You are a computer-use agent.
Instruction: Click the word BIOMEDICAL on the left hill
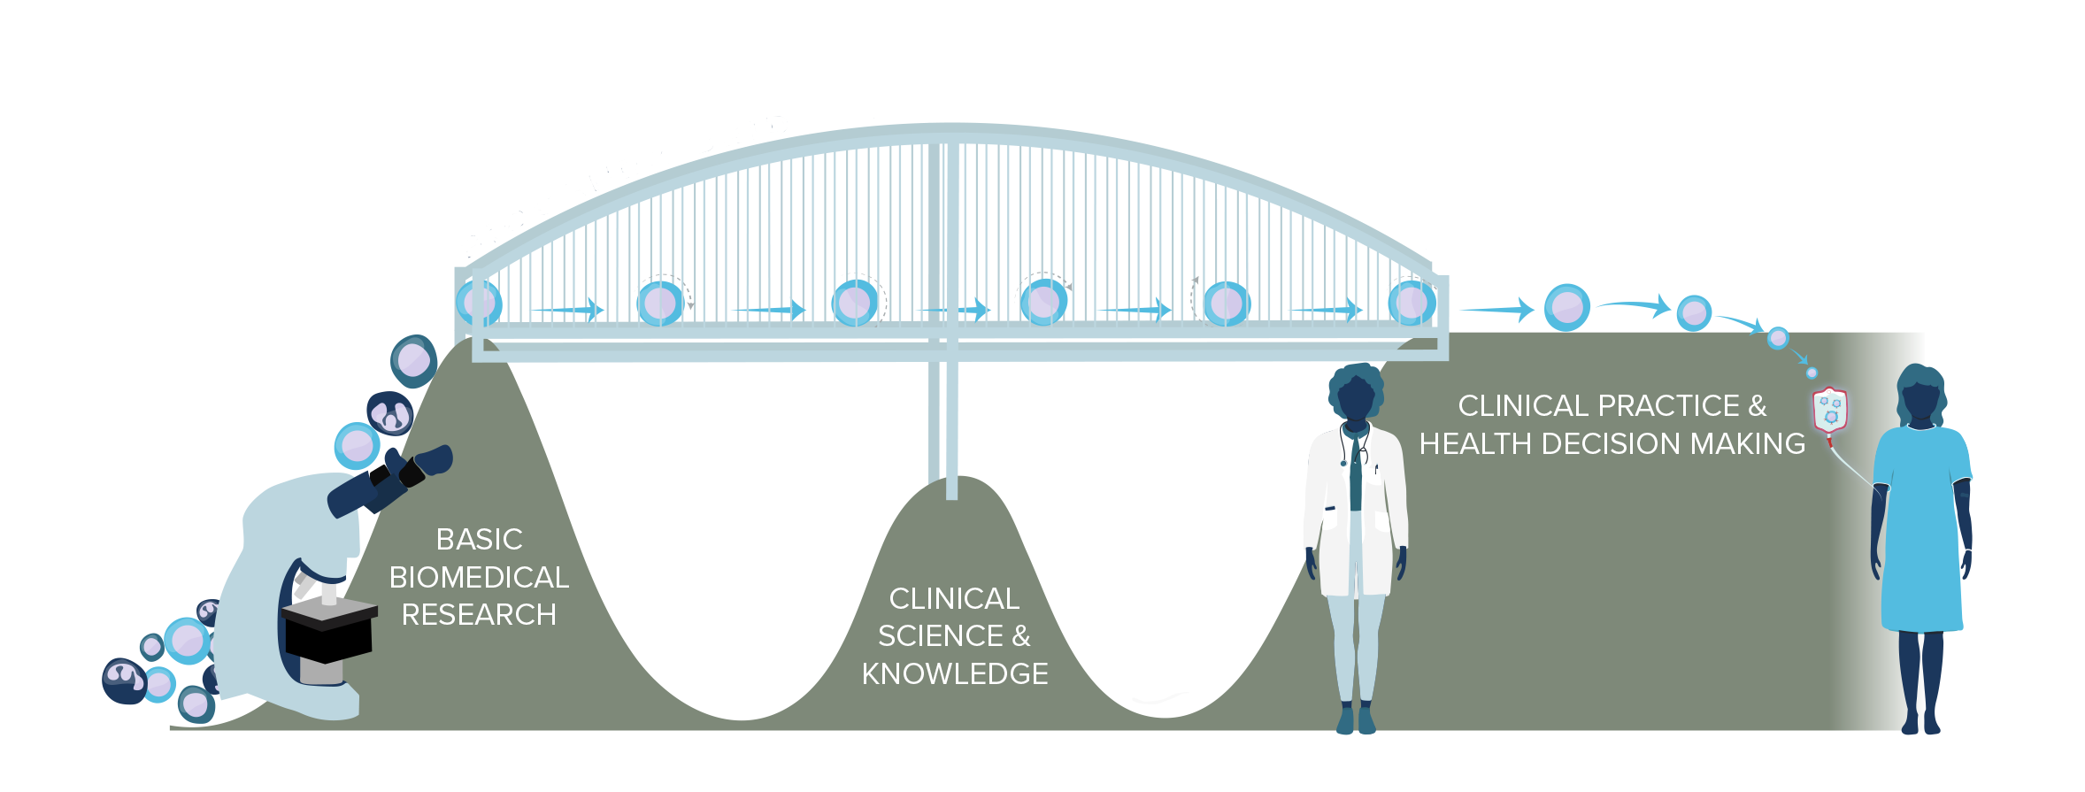pos(479,577)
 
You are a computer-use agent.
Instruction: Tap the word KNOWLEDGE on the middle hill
pos(955,674)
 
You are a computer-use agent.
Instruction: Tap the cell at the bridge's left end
pos(479,303)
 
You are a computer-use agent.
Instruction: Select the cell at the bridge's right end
pos(1411,303)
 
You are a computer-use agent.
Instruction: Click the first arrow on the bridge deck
pos(567,310)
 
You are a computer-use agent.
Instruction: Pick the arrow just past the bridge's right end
pos(1496,310)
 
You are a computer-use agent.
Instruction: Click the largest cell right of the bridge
pos(1566,308)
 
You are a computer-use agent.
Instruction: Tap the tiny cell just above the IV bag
pos(1812,373)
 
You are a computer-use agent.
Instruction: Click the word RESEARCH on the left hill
pos(479,615)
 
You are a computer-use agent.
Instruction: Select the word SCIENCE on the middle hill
pos(940,636)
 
